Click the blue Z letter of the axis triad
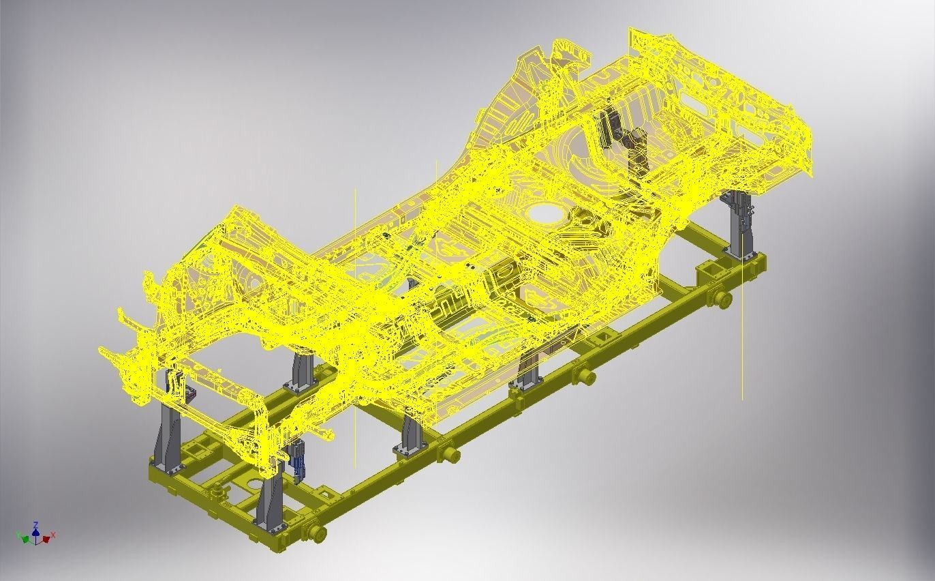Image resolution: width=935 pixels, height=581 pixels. pos(35,525)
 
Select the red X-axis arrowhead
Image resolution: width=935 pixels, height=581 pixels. pos(46,539)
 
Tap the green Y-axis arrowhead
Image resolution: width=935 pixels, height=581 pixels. pos(26,539)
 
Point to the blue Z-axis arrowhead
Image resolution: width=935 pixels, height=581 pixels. pos(35,531)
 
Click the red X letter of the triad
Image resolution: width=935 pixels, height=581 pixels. pos(53,535)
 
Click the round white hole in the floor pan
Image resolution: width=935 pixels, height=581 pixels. pos(546,212)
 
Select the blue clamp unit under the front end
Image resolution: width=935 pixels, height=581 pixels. pos(298,458)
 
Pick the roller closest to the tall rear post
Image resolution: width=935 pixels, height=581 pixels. pos(723,298)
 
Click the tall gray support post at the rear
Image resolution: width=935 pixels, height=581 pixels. pos(739,225)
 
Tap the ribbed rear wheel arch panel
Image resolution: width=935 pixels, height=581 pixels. pos(508,116)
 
